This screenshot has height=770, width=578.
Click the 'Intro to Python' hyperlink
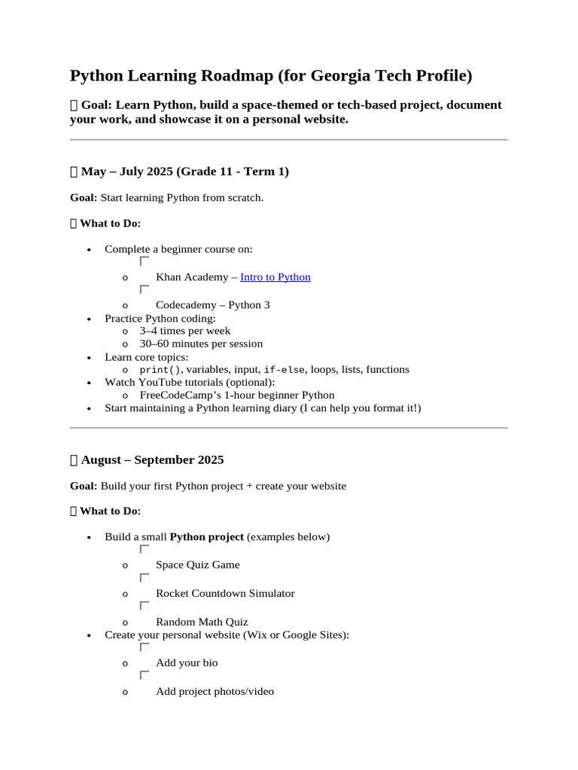(x=275, y=277)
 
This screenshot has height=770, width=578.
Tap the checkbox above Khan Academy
(x=144, y=261)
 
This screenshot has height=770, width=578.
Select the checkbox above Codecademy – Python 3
(x=144, y=289)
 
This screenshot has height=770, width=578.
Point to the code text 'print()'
(x=160, y=370)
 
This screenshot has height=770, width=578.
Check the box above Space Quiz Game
(x=144, y=549)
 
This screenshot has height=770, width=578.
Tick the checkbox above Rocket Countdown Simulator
(x=144, y=577)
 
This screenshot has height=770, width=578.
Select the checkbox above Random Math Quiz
(x=144, y=605)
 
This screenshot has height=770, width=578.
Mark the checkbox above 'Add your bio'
(x=144, y=647)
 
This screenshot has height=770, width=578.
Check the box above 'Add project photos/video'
(x=144, y=675)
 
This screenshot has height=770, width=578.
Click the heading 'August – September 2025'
(x=152, y=459)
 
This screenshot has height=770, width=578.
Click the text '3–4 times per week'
(x=185, y=331)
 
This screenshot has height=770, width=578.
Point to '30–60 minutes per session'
(x=201, y=344)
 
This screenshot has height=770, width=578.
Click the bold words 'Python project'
(x=207, y=537)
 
